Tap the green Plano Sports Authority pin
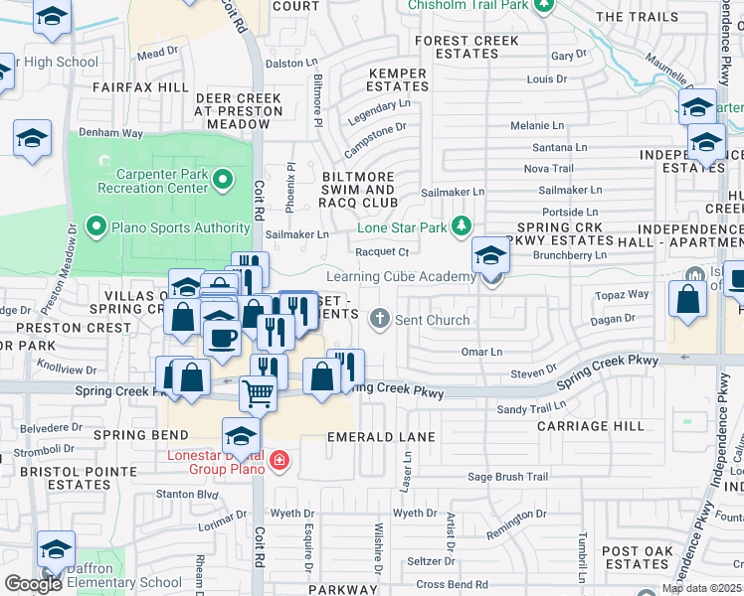pyautogui.click(x=96, y=226)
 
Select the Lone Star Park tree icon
pyautogui.click(x=462, y=226)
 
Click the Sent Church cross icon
pyautogui.click(x=378, y=320)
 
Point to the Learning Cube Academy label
pyautogui.click(x=401, y=276)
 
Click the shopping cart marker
pyautogui.click(x=259, y=393)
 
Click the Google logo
pyautogui.click(x=32, y=584)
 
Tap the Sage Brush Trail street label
pyautogui.click(x=508, y=477)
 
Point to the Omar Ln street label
pyautogui.click(x=481, y=352)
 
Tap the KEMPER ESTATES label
pyautogui.click(x=398, y=79)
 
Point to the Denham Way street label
pyautogui.click(x=112, y=132)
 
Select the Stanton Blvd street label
pyautogui.click(x=187, y=493)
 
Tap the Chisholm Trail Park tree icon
pyautogui.click(x=543, y=6)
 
